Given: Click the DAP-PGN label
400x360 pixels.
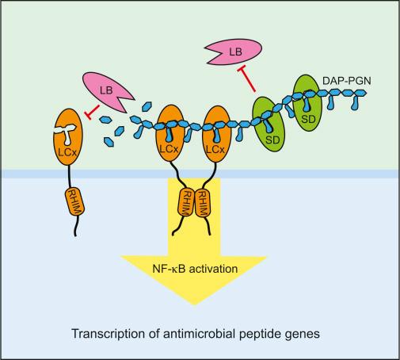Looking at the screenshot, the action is [347, 81].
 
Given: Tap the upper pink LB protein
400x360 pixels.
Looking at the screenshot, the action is [234, 52].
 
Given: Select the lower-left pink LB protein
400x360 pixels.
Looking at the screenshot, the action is [107, 92].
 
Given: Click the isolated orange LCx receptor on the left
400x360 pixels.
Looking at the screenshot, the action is [68, 136].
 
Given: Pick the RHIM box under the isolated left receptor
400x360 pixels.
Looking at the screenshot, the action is [74, 201].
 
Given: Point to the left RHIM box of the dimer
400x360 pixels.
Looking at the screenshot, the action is [186, 202].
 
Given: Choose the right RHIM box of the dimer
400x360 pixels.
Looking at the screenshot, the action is [202, 202].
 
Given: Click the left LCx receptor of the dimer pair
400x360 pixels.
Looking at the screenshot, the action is [170, 133].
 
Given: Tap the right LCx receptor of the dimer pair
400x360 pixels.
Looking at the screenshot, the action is [216, 134].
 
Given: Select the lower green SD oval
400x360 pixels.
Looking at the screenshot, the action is [269, 124].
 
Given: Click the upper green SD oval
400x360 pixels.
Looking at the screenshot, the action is [308, 103].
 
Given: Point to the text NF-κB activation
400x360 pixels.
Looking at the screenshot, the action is [195, 269].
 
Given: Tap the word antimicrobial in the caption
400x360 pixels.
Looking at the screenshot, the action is [199, 333].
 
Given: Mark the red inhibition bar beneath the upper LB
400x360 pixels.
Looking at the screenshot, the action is [246, 79].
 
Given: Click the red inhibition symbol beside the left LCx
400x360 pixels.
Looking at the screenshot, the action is [92, 112].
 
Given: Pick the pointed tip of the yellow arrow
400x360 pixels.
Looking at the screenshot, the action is [195, 305].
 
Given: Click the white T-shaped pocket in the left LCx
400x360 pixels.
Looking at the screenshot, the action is [66, 133].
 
